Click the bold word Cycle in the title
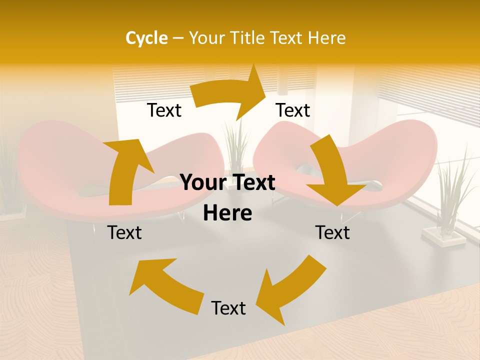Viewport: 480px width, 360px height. [146, 38]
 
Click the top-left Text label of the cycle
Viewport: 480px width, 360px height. [164, 110]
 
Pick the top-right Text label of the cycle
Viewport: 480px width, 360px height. [293, 110]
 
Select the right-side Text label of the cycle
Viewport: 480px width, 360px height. [332, 232]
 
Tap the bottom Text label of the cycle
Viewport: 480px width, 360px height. [228, 308]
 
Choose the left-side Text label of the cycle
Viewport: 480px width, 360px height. [124, 232]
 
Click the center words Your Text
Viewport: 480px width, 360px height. [227, 183]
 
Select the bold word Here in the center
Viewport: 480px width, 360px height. [227, 213]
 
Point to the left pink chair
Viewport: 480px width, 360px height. [60, 170]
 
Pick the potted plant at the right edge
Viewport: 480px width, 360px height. [450, 195]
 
